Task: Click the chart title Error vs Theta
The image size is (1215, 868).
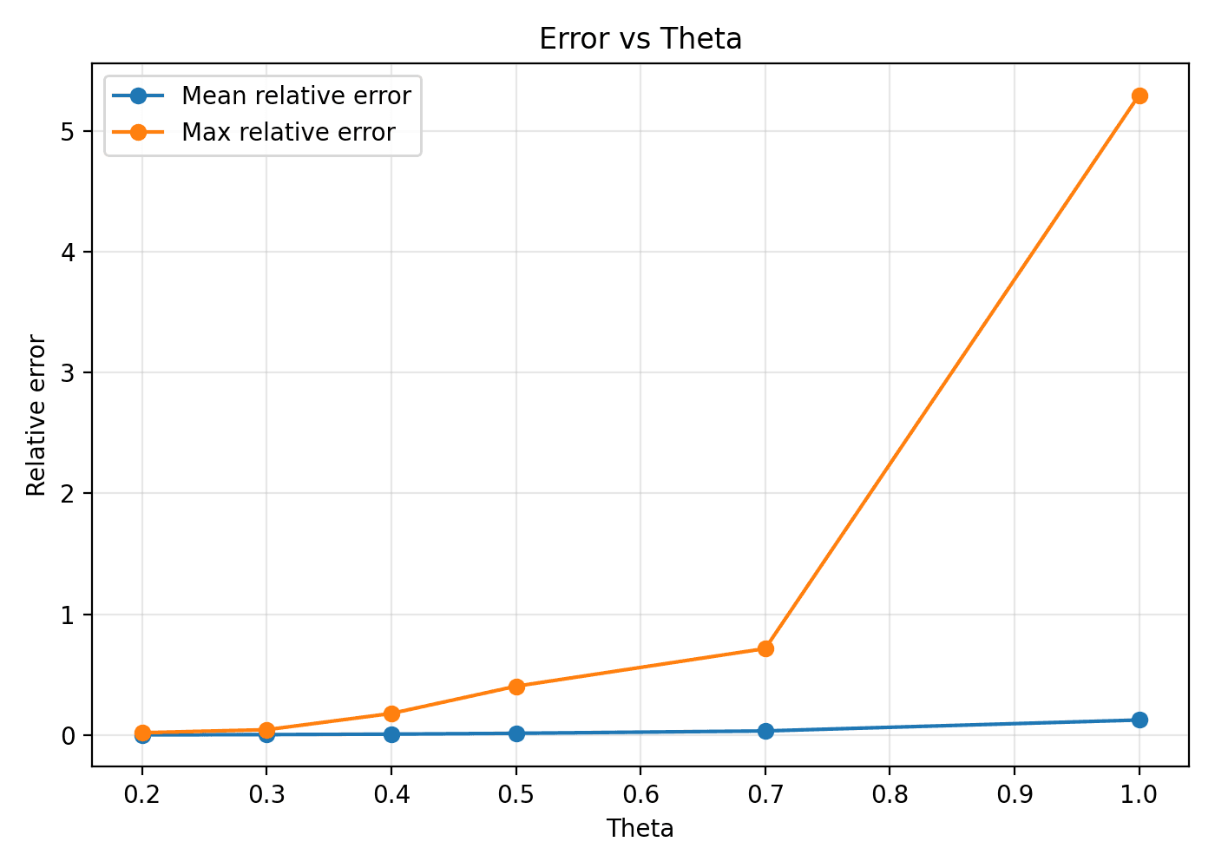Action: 640,39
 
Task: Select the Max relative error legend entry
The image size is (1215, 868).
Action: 288,132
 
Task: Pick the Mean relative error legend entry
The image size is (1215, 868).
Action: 296,95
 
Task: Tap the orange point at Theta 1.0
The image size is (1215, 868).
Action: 1139,95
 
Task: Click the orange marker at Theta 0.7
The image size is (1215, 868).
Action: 765,648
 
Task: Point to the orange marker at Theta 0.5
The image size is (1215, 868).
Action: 516,687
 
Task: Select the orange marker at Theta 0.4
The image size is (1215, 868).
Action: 391,713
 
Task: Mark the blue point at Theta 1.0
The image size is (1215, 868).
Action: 1139,720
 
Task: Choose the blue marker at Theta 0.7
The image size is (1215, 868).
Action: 765,731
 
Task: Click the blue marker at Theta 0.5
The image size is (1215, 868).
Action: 516,733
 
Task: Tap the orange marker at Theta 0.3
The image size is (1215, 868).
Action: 266,730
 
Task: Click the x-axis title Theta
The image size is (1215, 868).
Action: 640,829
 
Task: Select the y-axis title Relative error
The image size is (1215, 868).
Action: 36,415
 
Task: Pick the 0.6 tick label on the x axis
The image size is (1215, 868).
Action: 640,794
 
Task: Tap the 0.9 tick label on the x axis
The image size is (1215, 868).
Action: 1015,794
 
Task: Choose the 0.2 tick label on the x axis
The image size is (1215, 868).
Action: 142,794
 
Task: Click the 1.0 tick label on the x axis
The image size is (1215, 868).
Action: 1139,794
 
